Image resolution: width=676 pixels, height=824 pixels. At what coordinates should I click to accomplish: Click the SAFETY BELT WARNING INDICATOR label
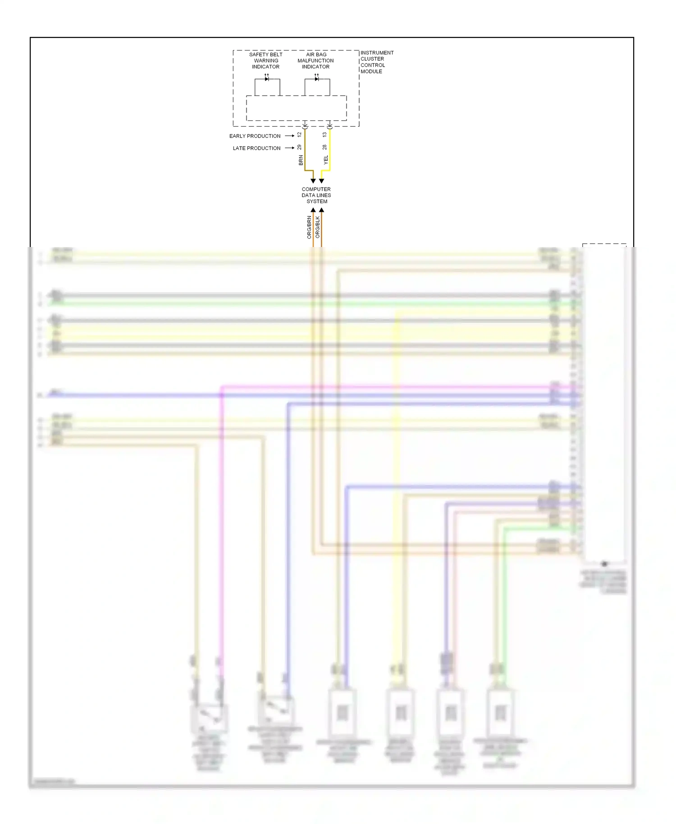[266, 60]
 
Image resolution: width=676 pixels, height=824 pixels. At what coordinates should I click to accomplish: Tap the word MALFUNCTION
[315, 60]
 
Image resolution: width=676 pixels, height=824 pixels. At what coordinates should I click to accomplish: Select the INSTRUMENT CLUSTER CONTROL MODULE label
[377, 62]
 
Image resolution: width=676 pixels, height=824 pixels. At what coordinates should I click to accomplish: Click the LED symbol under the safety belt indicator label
[267, 79]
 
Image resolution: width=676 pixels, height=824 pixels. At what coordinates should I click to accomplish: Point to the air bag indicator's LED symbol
[317, 79]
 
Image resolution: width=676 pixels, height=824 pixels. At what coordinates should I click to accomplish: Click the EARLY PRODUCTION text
[255, 136]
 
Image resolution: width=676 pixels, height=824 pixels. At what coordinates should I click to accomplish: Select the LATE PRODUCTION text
[256, 148]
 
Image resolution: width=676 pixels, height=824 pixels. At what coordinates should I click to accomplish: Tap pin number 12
[299, 135]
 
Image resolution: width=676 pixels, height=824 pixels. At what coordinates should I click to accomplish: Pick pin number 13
[324, 135]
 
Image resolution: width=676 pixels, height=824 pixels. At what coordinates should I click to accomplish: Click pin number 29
[299, 147]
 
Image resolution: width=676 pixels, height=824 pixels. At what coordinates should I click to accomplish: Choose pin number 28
[324, 147]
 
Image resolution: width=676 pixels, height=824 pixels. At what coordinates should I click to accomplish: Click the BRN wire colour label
[301, 160]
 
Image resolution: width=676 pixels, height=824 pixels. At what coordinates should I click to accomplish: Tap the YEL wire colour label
[326, 160]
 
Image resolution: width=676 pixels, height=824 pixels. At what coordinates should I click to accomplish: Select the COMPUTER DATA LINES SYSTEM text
[316, 195]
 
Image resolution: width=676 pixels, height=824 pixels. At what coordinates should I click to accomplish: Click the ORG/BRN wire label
[309, 227]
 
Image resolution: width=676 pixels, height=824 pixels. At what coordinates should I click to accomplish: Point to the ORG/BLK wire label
[317, 227]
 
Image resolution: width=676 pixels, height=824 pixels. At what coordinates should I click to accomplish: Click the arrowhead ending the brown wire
[313, 181]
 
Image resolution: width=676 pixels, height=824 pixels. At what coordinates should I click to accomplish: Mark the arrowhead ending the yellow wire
[321, 181]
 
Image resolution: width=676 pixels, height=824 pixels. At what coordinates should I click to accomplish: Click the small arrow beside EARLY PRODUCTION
[290, 136]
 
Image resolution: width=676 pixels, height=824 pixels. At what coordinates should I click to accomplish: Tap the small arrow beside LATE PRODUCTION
[290, 148]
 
